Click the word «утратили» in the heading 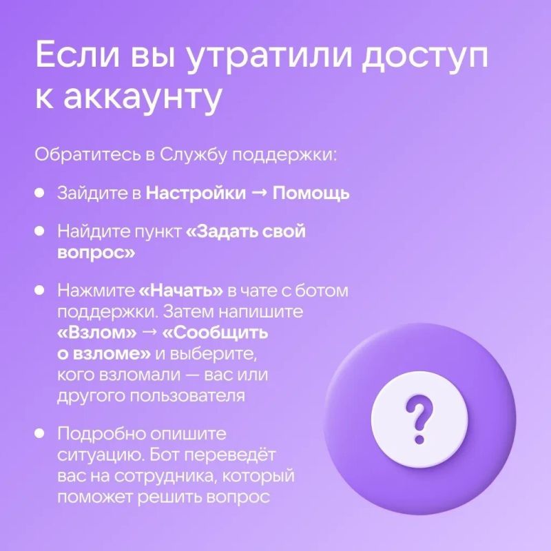pos(269,56)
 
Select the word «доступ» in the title pos(425,56)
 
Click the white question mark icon pos(419,419)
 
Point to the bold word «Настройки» pos(196,193)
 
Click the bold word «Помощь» pos(311,194)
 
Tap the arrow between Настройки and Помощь pos(260,194)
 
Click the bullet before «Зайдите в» pos(39,193)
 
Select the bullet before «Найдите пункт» pos(39,231)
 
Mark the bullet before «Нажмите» pos(39,290)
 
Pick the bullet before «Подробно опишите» pos(39,433)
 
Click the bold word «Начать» pos(181,291)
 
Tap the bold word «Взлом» pos(97,333)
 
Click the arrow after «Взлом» pos(149,333)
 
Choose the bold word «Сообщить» pos(216,333)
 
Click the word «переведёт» pos(230,455)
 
